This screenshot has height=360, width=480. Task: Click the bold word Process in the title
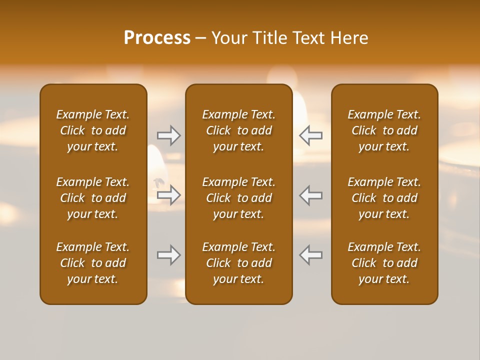click(x=157, y=38)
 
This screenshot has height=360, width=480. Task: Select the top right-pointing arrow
click(x=168, y=135)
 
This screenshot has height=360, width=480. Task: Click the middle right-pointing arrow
click(x=168, y=195)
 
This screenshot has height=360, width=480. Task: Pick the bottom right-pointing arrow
click(x=168, y=255)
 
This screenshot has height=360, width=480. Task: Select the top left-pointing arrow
click(x=311, y=135)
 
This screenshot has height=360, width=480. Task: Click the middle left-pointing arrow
click(x=311, y=195)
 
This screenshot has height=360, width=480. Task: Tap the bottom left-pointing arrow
click(x=311, y=255)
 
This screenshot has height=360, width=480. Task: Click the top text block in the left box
click(x=93, y=130)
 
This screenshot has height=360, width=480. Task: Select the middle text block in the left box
click(x=93, y=198)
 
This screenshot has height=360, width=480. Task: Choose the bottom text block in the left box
click(x=93, y=263)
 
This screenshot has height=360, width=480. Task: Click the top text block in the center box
click(x=238, y=130)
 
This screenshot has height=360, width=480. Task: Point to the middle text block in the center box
click(x=238, y=198)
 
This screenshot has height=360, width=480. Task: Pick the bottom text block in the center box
click(x=238, y=263)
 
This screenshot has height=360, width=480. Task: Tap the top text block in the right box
click(x=384, y=130)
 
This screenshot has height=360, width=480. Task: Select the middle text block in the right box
click(x=384, y=198)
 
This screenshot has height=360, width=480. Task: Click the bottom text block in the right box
click(x=384, y=263)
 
